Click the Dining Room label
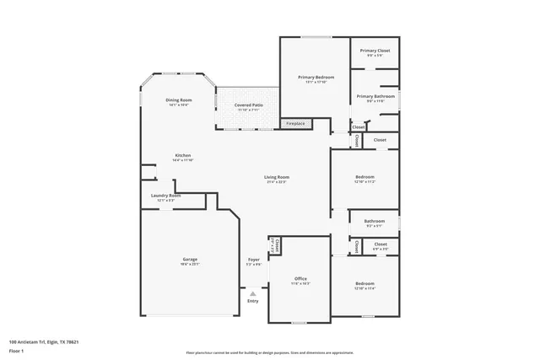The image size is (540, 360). click(x=177, y=100)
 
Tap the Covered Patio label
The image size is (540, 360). click(x=247, y=105)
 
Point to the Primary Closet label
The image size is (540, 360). click(x=375, y=51)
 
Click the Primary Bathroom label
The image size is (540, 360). click(x=375, y=96)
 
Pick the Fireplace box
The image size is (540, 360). click(x=295, y=124)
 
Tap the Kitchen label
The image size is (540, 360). click(x=183, y=155)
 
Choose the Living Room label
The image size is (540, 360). click(x=277, y=177)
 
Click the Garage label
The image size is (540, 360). click(x=190, y=259)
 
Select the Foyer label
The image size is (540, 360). click(x=253, y=259)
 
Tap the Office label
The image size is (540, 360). click(x=300, y=278)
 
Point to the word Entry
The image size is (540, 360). click(x=252, y=301)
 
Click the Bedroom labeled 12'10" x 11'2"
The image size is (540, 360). click(x=364, y=177)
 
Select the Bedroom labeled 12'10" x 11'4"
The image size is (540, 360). click(x=364, y=283)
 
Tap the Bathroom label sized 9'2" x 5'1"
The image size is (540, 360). click(x=374, y=222)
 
